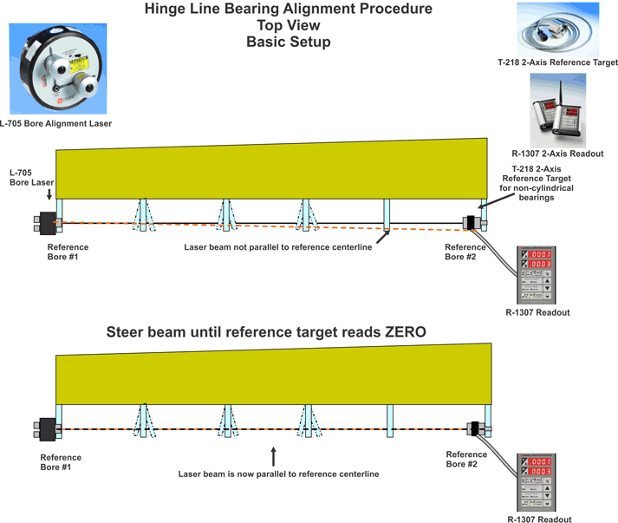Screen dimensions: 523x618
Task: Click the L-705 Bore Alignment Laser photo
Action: click(x=56, y=69)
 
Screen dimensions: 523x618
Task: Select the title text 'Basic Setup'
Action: click(x=288, y=41)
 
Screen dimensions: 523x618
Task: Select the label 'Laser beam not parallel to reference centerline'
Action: click(x=278, y=248)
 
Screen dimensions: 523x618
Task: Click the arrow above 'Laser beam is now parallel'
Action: click(x=274, y=455)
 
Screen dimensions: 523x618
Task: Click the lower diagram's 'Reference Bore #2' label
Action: click(x=466, y=459)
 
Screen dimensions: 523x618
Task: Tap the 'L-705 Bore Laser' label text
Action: click(x=26, y=178)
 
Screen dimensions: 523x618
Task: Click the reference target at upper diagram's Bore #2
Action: click(x=472, y=223)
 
